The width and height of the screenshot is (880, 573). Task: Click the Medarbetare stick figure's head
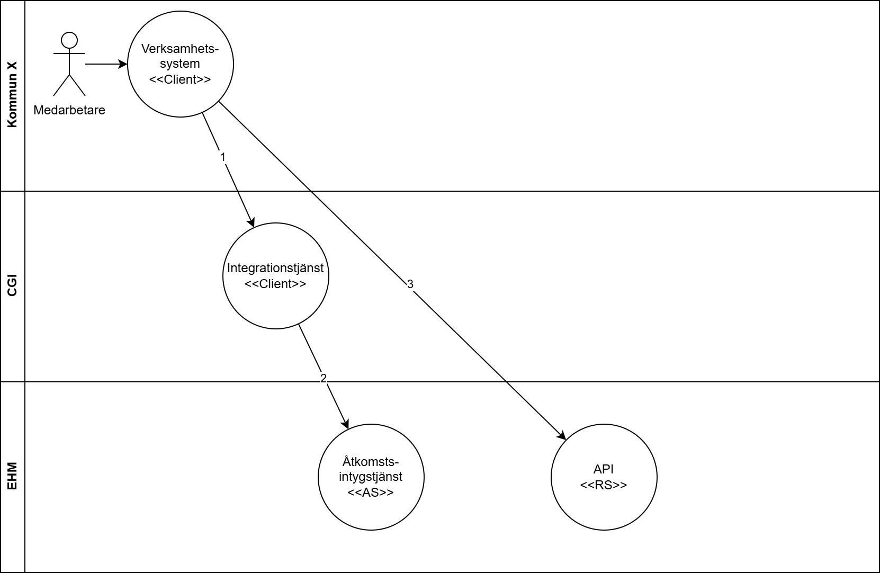coord(69,40)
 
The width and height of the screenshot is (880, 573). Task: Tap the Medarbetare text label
coord(69,110)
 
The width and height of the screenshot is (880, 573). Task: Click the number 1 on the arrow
coord(223,157)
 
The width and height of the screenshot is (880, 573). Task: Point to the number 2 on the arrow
coord(324,378)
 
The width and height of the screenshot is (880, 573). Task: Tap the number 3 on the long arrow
coord(410,284)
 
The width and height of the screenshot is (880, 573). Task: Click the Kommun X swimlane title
coord(12,96)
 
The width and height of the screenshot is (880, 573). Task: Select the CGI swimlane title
coord(12,286)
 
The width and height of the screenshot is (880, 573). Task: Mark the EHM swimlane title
coord(12,477)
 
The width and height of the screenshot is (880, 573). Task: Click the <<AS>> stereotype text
coord(371,492)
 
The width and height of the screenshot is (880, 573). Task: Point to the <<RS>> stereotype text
coord(604,485)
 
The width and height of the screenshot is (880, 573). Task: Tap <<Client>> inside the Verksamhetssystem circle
coord(180,79)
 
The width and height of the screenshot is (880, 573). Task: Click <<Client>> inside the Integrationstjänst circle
coord(275,284)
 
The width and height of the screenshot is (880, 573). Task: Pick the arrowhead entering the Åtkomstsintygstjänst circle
coord(346,424)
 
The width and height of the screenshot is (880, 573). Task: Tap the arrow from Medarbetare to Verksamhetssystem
coord(106,64)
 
